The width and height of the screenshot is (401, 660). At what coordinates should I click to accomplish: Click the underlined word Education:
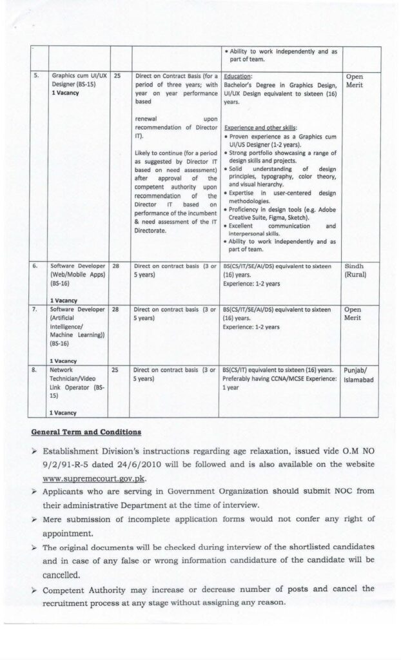tap(237, 75)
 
